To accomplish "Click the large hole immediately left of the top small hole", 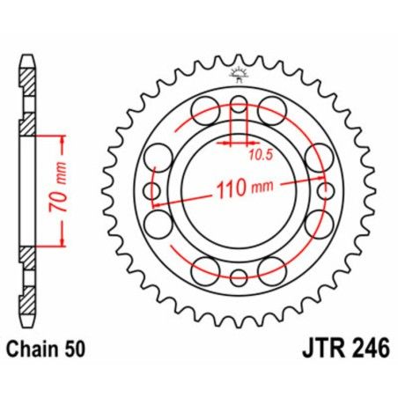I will coord(205,112).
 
